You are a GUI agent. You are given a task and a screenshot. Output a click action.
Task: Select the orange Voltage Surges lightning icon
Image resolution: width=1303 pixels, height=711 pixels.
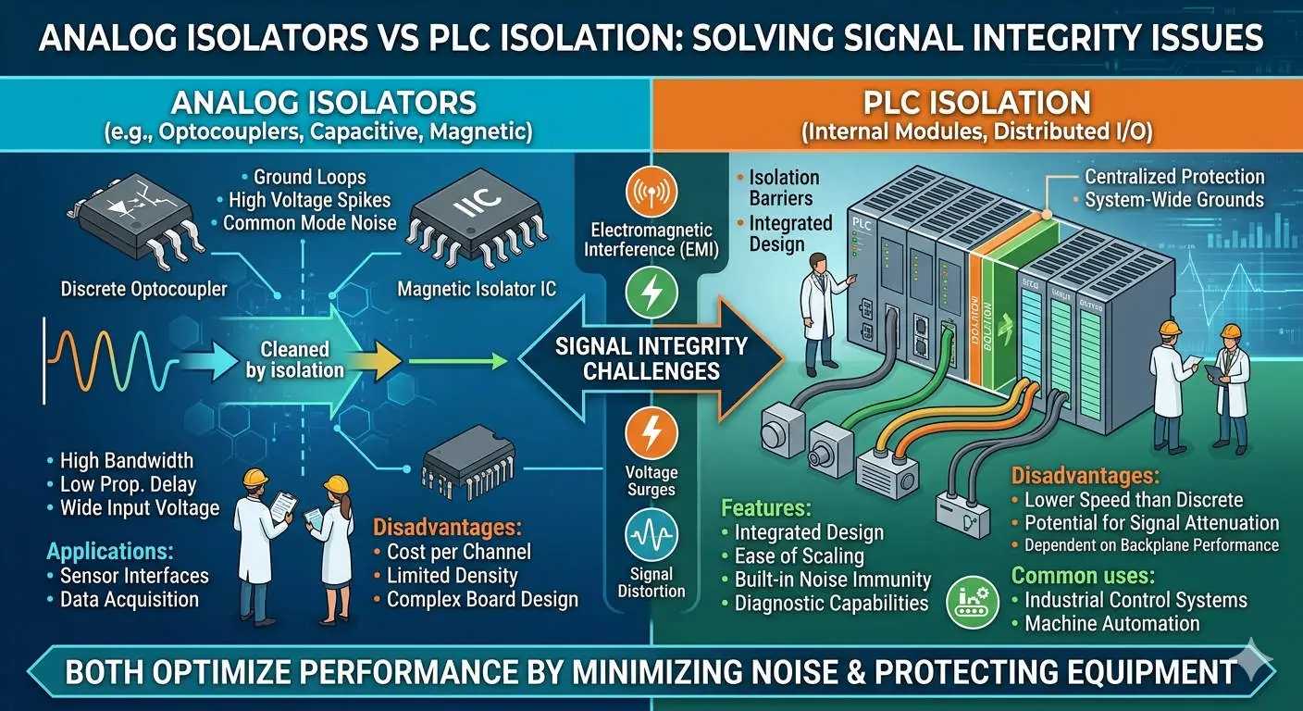pyautogui.click(x=651, y=433)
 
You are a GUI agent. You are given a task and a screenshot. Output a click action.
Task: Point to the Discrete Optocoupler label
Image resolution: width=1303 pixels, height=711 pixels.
pyautogui.click(x=143, y=289)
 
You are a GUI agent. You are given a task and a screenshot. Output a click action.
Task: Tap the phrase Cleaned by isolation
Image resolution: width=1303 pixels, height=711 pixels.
pyautogui.click(x=295, y=359)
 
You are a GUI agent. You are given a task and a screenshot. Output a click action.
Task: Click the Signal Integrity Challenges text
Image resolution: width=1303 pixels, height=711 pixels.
pyautogui.click(x=651, y=358)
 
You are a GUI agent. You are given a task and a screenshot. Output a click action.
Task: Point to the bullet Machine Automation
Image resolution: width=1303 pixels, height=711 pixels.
pyautogui.click(x=1111, y=623)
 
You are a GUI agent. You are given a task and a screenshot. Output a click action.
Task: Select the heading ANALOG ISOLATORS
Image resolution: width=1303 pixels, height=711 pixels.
pyautogui.click(x=324, y=102)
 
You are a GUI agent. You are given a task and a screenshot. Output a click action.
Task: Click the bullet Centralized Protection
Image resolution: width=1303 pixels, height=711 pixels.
pyautogui.click(x=1173, y=177)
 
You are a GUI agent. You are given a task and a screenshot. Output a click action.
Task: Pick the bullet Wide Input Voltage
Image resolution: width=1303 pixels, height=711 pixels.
pyautogui.click(x=139, y=507)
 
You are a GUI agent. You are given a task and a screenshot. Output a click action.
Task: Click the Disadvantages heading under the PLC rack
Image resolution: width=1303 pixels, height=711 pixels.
pyautogui.click(x=1084, y=476)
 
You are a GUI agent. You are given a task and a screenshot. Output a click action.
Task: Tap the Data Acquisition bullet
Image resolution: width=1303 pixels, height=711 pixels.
pyautogui.click(x=129, y=599)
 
